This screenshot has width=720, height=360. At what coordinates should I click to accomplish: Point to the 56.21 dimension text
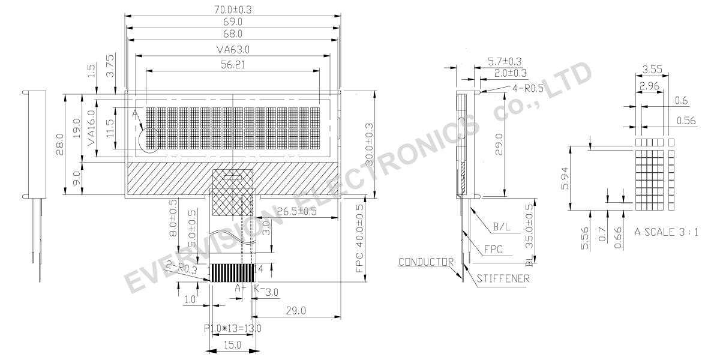point(232,64)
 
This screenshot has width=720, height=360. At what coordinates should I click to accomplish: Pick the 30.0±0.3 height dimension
point(368,143)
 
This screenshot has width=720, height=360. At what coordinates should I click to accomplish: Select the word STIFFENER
point(504,278)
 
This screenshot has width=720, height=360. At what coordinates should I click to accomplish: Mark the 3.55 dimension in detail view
point(651,70)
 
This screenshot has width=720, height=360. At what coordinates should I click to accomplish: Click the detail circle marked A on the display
point(148,140)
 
